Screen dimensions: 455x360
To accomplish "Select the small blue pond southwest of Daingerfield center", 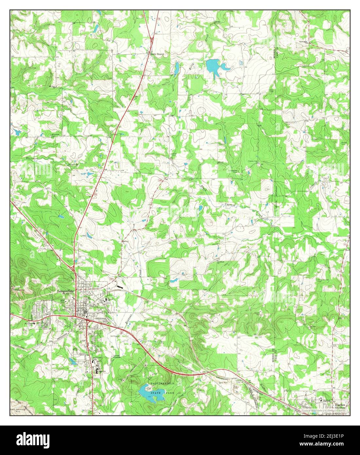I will click(71, 361).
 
